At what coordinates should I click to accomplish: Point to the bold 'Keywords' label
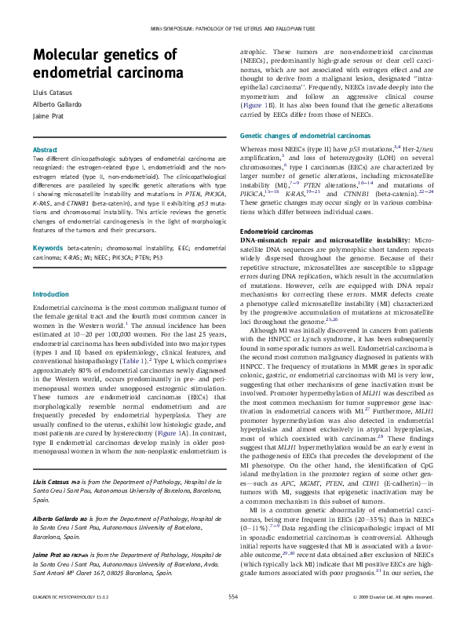coord(47,248)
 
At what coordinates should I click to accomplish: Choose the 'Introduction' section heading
coord(51,294)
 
